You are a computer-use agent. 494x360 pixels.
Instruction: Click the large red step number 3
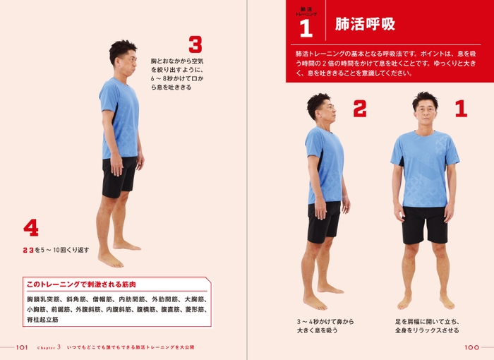pos(195,45)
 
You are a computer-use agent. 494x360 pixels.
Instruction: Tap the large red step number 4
pos(30,227)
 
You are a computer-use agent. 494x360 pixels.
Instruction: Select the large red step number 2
pos(360,109)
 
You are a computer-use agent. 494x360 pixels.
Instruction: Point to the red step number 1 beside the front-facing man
pos(461,109)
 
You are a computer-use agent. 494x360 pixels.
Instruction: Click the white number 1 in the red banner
pos(306,28)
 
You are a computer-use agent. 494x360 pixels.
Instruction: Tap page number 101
pos(20,347)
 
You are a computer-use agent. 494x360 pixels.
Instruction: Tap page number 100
pos(472,347)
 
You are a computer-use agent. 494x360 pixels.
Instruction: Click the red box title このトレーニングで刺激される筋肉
pos(80,284)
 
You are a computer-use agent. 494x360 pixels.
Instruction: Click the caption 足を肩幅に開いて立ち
pos(426,321)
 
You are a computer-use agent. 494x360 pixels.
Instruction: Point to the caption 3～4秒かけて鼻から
pos(325,321)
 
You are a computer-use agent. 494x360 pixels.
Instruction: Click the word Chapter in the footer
pos(46,347)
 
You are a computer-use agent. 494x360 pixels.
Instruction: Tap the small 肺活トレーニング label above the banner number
pos(306,11)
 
